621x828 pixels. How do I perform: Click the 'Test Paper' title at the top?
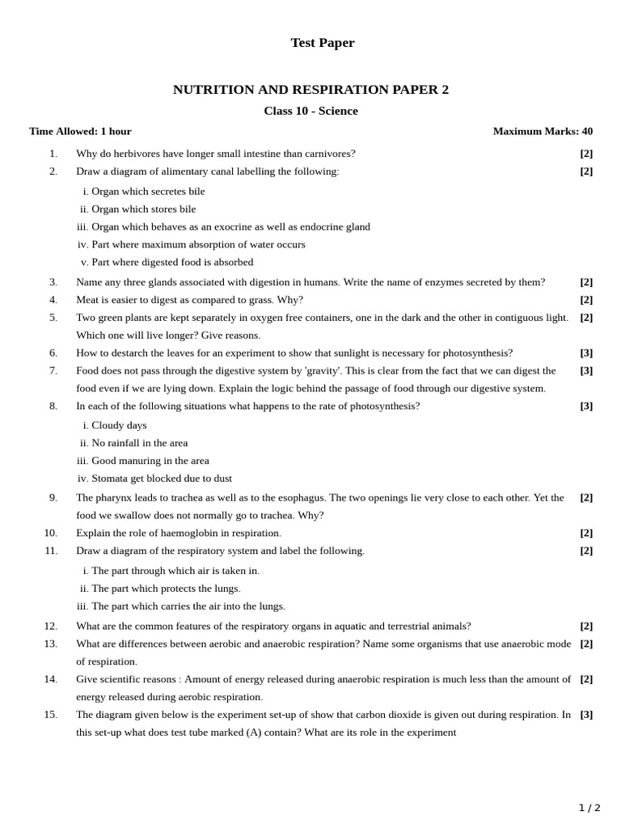coord(322,43)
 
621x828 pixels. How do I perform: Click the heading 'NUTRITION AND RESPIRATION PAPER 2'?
coord(310,90)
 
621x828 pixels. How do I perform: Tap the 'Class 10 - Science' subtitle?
coord(310,111)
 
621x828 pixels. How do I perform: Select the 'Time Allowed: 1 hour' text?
coord(80,131)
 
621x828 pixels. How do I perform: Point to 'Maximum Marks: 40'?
coord(543,131)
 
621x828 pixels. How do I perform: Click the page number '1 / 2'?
coord(589,808)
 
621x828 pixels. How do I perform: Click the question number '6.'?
coord(53,353)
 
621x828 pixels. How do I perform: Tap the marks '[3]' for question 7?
coord(586,370)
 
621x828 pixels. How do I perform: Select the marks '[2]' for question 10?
coord(586,533)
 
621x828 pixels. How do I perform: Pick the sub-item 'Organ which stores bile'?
coord(143,209)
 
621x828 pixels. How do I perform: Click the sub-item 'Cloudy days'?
coord(119,425)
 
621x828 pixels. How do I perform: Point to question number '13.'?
coord(51,644)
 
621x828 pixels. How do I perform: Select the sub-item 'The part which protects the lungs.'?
coord(166,589)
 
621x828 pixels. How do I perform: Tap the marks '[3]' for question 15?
coord(586,715)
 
